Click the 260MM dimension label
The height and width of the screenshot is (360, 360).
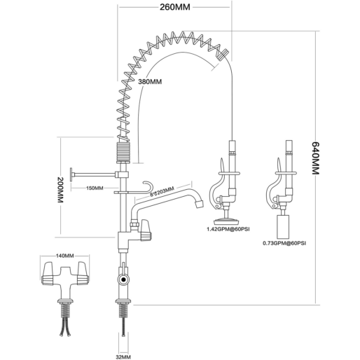[175, 7]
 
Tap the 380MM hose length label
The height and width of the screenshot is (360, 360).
[150, 82]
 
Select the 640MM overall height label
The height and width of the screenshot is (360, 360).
[315, 158]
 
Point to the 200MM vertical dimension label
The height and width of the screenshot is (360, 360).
[60, 189]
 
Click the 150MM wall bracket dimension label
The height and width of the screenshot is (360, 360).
[95, 188]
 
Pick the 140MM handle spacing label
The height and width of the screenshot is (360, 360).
[64, 256]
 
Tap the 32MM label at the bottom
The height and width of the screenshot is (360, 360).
[123, 357]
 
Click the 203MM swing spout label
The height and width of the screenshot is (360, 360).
[162, 192]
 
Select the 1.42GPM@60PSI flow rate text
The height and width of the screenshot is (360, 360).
[228, 229]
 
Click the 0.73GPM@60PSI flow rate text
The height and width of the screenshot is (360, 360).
[284, 243]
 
